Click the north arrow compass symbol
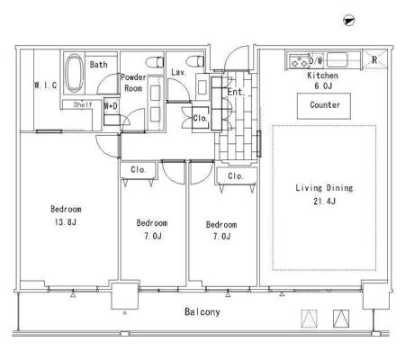[x=349, y=21]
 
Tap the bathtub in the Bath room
[x=74, y=74]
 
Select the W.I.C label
[x=46, y=85]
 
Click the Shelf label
[x=83, y=104]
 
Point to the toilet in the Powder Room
[x=155, y=62]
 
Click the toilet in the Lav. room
[x=195, y=61]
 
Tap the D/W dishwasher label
[x=316, y=60]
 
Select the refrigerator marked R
[x=374, y=59]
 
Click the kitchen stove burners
[x=299, y=61]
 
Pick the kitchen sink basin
[x=337, y=60]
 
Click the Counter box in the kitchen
[x=324, y=106]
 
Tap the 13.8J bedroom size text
[x=65, y=222]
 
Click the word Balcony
[x=202, y=312]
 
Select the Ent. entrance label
[x=236, y=92]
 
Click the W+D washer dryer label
[x=111, y=106]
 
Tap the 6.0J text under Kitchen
[x=323, y=86]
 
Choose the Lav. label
[x=179, y=72]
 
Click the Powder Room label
[x=133, y=83]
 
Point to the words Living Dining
[x=324, y=188]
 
